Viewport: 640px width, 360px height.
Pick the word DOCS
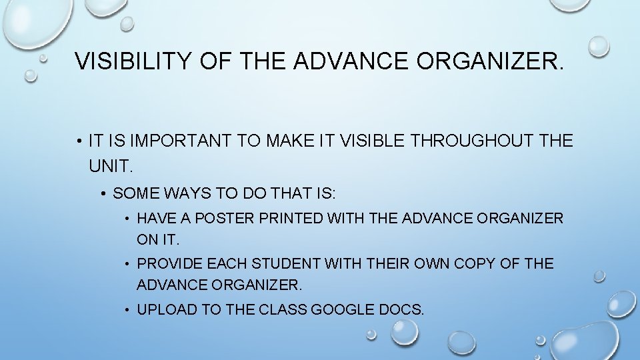click(x=401, y=309)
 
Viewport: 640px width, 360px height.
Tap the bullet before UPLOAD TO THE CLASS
click(x=127, y=310)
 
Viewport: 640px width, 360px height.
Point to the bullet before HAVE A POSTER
click(x=127, y=219)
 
